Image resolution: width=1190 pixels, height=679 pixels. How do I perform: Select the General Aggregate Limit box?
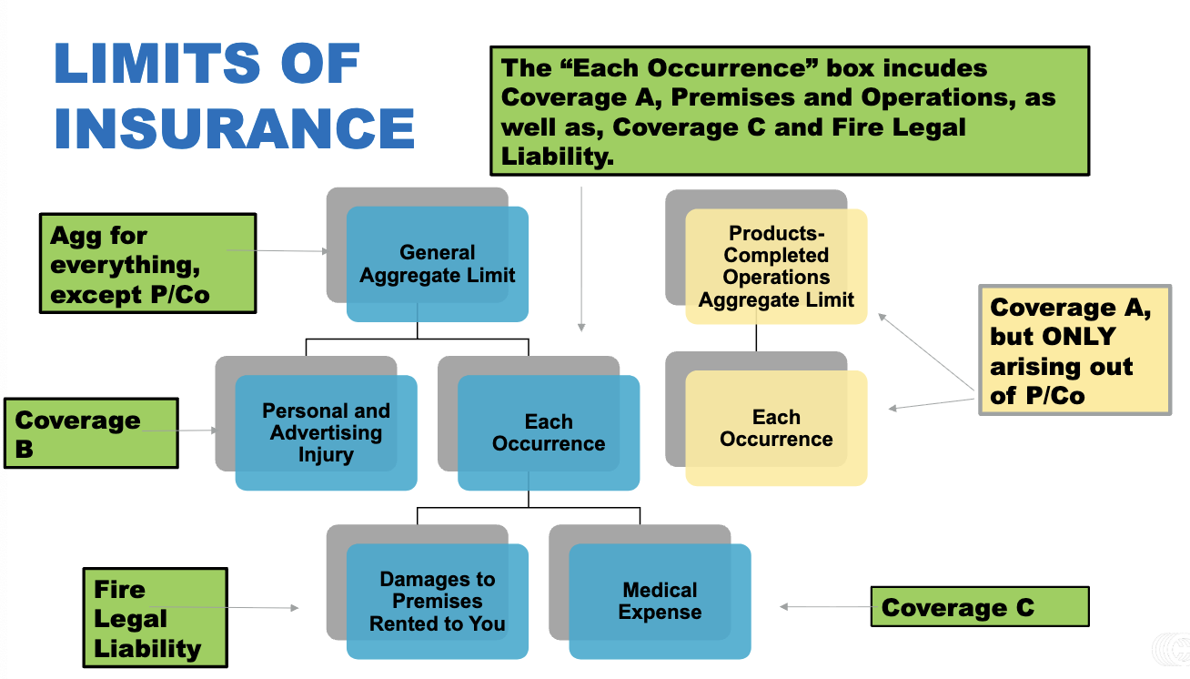(437, 264)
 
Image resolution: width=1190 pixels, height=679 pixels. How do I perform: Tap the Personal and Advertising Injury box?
(326, 432)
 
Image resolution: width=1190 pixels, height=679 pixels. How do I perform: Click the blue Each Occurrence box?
(549, 432)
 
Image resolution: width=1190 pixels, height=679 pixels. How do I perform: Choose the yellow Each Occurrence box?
(776, 428)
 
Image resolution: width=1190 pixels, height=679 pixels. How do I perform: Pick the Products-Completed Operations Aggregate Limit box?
(776, 267)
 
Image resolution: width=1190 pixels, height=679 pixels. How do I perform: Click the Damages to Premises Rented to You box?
(437, 601)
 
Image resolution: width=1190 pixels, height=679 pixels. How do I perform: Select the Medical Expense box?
(660, 601)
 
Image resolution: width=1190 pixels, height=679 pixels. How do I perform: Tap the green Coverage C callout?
(980, 607)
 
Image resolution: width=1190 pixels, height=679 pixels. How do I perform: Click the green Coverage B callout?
(91, 433)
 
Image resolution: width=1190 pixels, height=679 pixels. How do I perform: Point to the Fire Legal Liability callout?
(155, 618)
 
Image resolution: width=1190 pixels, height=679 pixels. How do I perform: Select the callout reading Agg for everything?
(148, 264)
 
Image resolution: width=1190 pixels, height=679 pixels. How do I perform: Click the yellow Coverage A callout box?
(1074, 350)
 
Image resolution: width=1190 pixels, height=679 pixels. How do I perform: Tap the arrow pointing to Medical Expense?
(823, 606)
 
